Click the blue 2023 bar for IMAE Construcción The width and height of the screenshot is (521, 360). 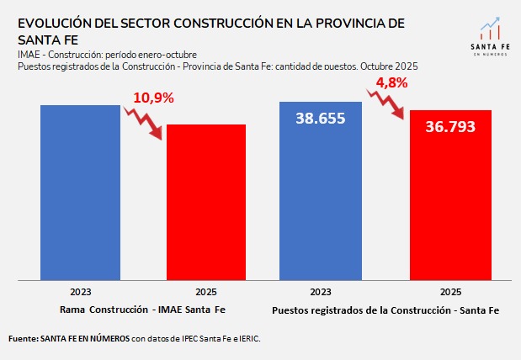[x=81, y=193]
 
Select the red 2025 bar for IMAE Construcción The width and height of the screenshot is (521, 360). [x=205, y=202]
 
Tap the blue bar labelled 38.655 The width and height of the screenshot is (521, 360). [x=321, y=202]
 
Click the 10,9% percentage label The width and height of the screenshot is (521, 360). [x=152, y=98]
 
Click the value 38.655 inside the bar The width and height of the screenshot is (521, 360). [x=321, y=119]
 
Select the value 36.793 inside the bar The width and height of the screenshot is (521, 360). [x=450, y=127]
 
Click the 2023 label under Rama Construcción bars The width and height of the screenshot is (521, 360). [x=81, y=293]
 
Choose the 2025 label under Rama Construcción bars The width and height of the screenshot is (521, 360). [x=205, y=293]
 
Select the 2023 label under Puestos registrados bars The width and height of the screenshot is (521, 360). [x=321, y=293]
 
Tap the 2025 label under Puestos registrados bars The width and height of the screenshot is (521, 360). [x=450, y=293]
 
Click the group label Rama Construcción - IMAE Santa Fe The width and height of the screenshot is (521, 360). [x=143, y=310]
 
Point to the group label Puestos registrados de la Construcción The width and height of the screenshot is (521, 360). [x=385, y=310]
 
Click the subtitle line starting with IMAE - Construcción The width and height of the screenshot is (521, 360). [x=107, y=55]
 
